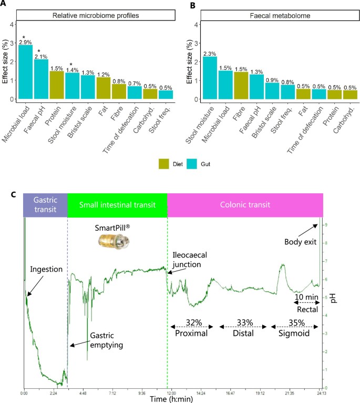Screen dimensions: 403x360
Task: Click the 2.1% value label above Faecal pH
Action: pos(41,56)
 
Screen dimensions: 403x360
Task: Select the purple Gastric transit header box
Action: pos(45,204)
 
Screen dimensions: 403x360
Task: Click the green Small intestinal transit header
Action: pos(117,204)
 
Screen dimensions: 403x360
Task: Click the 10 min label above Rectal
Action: pos(306,297)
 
